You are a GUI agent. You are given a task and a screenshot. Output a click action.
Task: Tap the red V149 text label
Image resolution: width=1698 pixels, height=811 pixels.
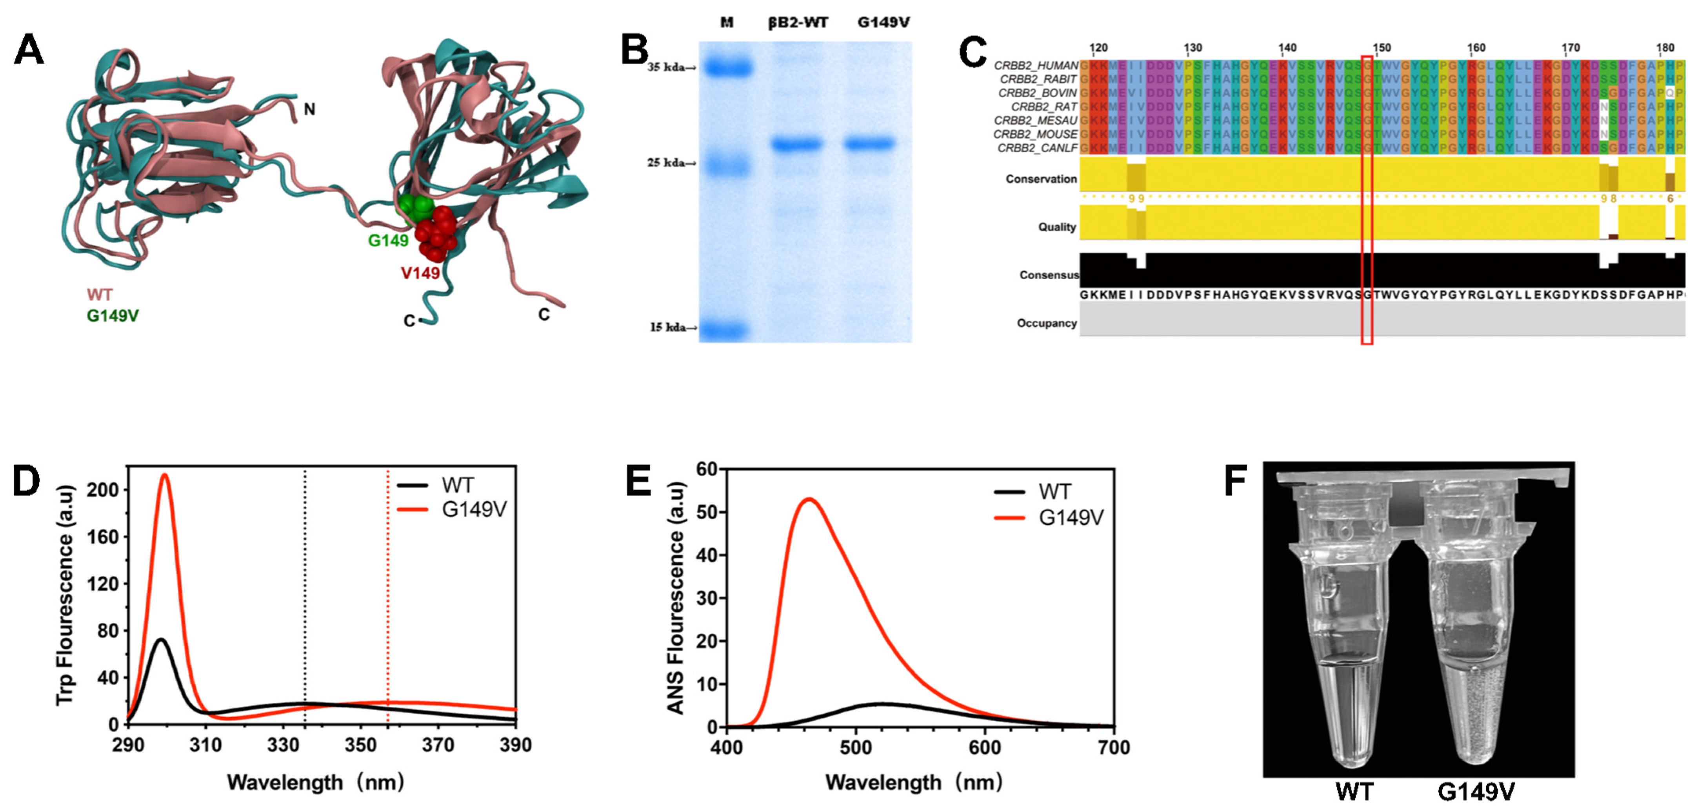point(420,272)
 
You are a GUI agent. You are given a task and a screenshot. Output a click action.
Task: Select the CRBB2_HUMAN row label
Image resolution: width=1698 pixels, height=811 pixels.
point(1035,65)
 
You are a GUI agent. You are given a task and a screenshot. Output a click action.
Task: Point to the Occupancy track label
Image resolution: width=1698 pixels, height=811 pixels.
point(1046,323)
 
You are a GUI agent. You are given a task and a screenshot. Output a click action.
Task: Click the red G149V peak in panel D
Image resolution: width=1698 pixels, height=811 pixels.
point(165,475)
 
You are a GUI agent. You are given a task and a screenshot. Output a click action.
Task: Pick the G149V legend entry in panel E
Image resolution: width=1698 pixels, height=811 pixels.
point(1071,518)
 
